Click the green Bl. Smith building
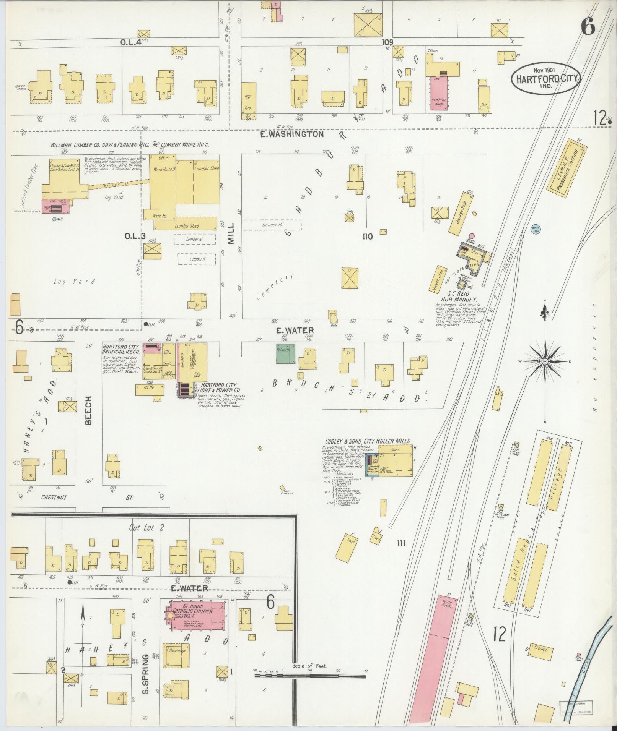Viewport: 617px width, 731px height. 286,354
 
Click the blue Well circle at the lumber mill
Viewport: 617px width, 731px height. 54,219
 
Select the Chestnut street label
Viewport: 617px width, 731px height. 54,498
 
